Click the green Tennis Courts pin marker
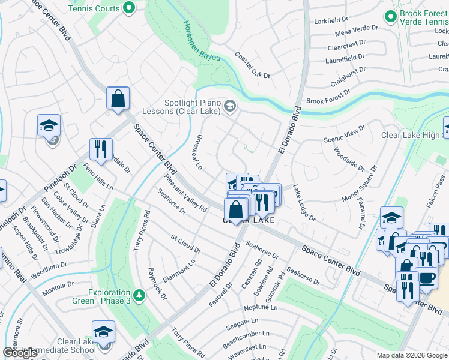(x=128, y=8)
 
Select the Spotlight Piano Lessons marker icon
(x=229, y=107)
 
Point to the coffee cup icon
(x=427, y=278)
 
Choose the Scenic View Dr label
(x=344, y=134)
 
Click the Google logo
(x=20, y=353)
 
